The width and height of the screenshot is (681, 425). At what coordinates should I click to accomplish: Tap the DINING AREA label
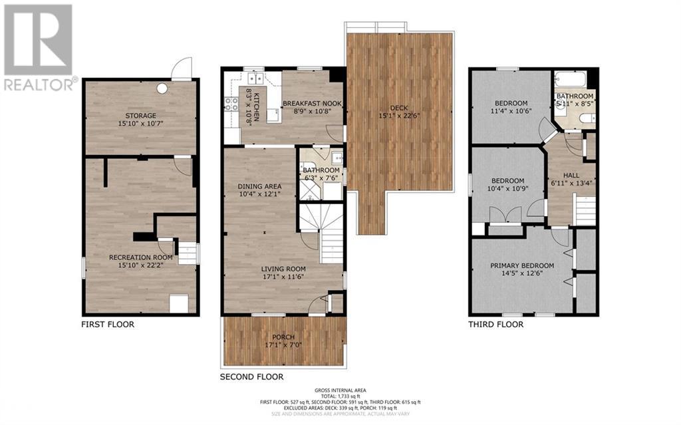pos(259,186)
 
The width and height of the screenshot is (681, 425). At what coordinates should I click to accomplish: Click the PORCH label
pos(284,337)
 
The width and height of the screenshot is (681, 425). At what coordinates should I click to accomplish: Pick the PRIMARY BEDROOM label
pos(521,266)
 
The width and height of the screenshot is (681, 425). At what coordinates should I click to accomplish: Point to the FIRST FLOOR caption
pos(108,325)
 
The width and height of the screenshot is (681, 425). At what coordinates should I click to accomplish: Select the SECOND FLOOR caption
pos(251,376)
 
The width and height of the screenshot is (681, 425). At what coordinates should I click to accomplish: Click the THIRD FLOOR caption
pos(495,325)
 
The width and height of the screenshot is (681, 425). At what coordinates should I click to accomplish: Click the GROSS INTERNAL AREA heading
pos(340,390)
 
